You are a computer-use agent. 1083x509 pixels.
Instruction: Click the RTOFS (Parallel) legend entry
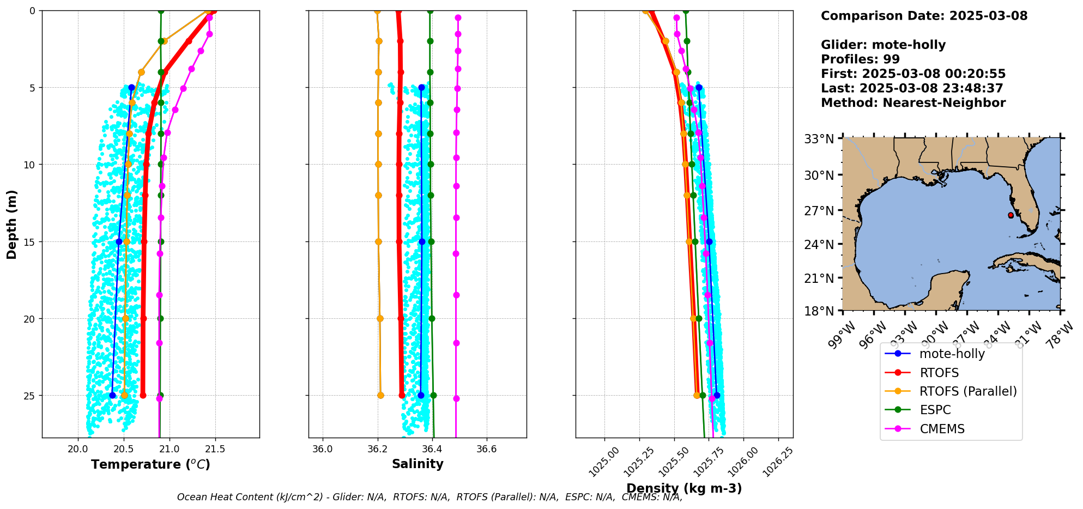pos(967,391)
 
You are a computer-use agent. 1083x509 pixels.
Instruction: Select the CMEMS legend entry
pos(942,429)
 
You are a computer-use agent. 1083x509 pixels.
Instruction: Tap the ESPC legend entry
pos(935,410)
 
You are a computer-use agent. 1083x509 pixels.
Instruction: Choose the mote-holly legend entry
pos(952,354)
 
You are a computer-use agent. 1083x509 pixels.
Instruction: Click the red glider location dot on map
pos(1011,215)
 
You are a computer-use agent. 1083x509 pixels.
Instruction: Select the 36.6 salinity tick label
pos(486,449)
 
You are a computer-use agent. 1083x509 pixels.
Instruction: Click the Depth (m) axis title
pos(12,224)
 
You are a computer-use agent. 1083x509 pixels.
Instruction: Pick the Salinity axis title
pos(418,464)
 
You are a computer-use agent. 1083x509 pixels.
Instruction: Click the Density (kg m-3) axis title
pos(684,488)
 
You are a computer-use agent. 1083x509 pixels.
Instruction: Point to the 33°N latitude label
pos(819,139)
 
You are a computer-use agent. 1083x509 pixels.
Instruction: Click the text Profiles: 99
pos(860,59)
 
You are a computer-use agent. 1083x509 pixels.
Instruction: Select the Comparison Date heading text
pos(924,16)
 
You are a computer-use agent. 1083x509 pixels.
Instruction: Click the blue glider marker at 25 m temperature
pos(112,395)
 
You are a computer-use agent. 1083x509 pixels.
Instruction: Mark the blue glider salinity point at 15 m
pos(422,241)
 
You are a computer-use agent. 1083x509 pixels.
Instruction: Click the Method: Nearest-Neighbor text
pos(913,102)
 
